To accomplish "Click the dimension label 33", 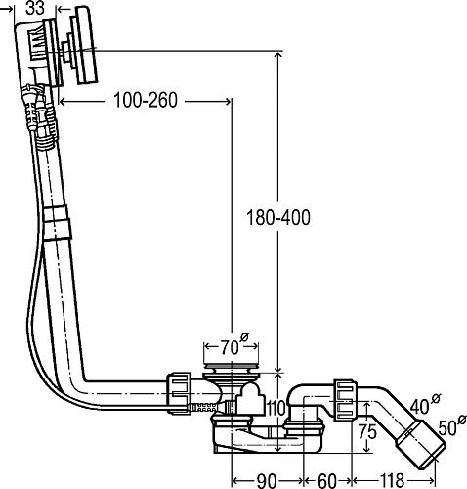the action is [35, 8].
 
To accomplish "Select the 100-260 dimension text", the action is [146, 100].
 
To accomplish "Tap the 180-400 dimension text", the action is [278, 218].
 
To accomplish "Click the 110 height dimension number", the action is [276, 408].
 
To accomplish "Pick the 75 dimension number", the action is [367, 432].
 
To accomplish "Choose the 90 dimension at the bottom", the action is [267, 480].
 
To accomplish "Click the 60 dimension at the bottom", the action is [326, 480].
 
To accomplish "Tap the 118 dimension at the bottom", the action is [392, 480].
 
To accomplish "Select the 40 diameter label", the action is [425, 404].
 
